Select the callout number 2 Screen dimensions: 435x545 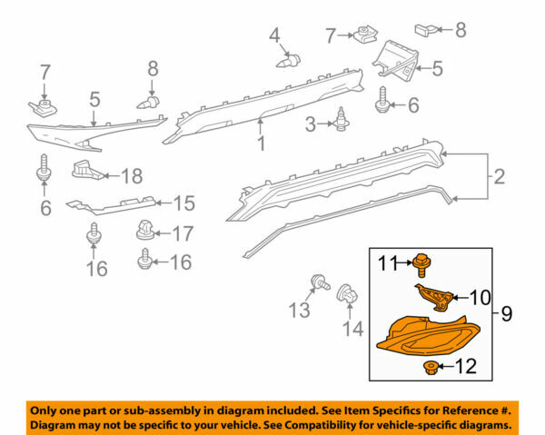pos(500,176)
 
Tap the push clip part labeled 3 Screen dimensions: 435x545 pos(342,119)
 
